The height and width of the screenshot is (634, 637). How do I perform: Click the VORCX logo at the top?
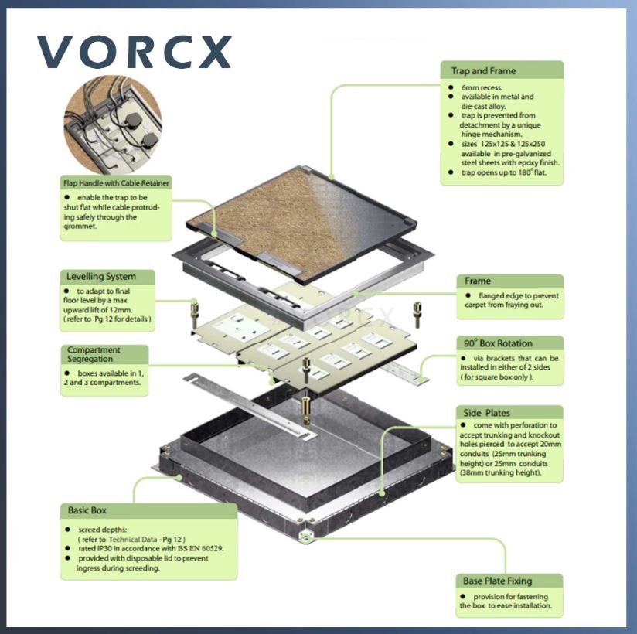coord(135,52)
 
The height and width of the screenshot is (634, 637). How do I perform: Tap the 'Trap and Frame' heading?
coord(483,70)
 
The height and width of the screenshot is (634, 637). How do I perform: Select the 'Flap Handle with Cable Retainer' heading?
coord(116,183)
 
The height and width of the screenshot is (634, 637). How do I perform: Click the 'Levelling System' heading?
coord(101,276)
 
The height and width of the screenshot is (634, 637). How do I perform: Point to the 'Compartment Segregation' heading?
coord(94,354)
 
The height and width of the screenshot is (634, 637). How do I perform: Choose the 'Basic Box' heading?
coord(87,510)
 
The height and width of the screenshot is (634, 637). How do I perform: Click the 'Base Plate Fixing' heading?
coord(497,581)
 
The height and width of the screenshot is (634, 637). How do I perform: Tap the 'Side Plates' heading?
coord(486,413)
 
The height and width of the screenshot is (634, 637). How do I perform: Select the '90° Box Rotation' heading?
coord(498,343)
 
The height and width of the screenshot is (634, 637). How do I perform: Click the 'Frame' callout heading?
coord(477,281)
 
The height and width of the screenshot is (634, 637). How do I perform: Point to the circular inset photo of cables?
coord(113,124)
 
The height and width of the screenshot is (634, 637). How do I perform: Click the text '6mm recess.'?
coord(482,87)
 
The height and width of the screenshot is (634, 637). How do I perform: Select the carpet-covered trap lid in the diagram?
coord(301,221)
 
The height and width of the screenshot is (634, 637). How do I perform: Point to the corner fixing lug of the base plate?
coord(305,538)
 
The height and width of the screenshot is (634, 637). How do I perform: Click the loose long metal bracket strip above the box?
coord(250,407)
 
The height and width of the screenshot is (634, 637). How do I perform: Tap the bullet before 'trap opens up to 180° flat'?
coord(451,172)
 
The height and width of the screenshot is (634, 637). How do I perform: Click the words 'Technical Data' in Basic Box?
coord(132,540)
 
